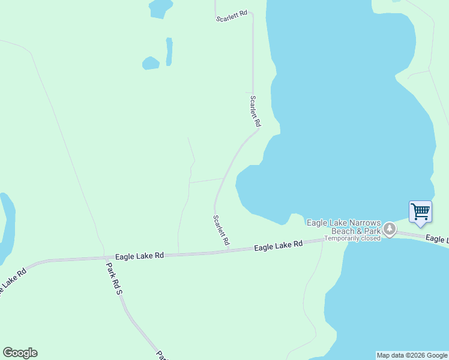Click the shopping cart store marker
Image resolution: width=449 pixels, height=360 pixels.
pyautogui.click(x=420, y=212)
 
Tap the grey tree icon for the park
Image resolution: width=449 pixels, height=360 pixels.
pyautogui.click(x=390, y=229)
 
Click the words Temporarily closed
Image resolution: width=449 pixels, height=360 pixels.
pyautogui.click(x=352, y=238)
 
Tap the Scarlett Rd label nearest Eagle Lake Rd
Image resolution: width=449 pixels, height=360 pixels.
pyautogui.click(x=221, y=230)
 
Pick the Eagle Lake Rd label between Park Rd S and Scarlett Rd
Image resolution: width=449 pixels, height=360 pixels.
pyautogui.click(x=139, y=256)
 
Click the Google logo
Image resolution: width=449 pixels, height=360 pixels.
pyautogui.click(x=20, y=353)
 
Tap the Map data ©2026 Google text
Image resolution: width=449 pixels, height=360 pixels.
pyautogui.click(x=411, y=355)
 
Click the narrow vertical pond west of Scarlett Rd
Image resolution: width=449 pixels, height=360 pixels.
pyautogui.click(x=169, y=52)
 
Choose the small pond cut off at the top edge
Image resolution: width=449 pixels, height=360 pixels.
pyautogui.click(x=160, y=8)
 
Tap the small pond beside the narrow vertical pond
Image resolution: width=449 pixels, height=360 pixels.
pyautogui.click(x=151, y=62)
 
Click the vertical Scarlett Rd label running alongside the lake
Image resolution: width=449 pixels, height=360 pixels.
pyautogui.click(x=256, y=111)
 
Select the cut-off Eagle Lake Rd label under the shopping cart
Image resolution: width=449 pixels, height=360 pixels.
pyautogui.click(x=437, y=239)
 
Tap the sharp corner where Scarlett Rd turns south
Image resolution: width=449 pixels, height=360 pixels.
pyautogui.click(x=252, y=13)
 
